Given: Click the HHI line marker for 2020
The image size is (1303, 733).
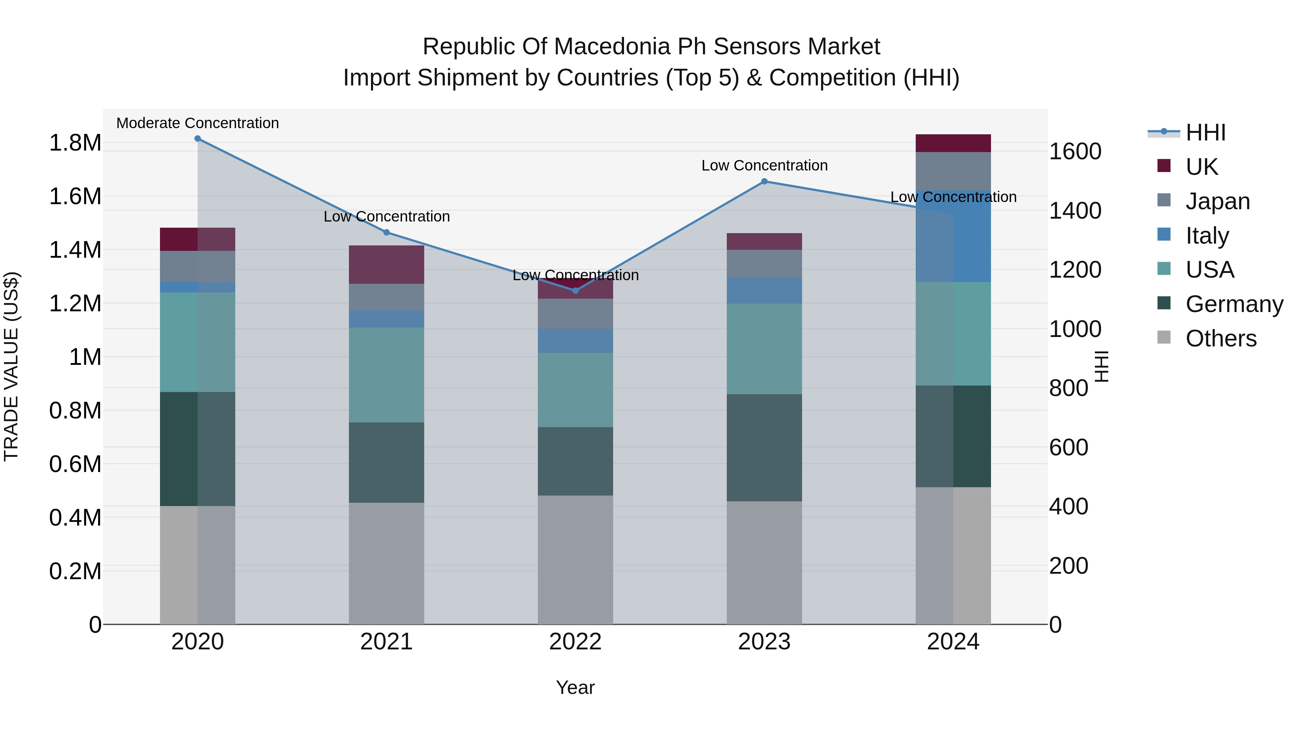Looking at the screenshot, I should [x=198, y=139].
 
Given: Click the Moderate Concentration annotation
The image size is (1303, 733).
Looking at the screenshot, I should [x=198, y=123].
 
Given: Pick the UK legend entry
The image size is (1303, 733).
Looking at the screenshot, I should [x=1202, y=167].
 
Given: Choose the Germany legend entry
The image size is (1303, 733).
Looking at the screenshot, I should [x=1234, y=304].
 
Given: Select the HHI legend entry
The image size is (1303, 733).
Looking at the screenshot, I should [x=1205, y=132].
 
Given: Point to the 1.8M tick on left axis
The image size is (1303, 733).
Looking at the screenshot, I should [x=75, y=143].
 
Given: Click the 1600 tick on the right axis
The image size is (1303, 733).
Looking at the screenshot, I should [x=1075, y=151].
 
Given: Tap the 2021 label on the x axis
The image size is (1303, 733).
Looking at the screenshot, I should [x=387, y=642].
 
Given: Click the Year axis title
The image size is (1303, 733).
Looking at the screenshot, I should [x=575, y=687].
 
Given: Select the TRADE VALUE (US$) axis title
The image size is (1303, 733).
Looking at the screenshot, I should [x=11, y=366].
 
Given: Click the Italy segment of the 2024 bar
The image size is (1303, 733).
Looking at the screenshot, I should [x=953, y=236].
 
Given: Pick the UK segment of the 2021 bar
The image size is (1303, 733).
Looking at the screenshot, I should [x=387, y=265].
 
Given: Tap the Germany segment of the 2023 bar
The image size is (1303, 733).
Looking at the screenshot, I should [x=764, y=448].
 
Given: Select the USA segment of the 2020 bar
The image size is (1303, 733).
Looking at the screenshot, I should [x=198, y=342].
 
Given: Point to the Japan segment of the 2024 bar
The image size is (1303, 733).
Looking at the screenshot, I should [x=953, y=171].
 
